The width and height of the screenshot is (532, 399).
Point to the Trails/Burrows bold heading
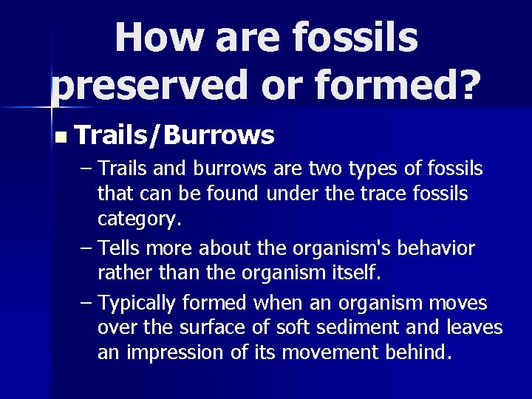[174, 135]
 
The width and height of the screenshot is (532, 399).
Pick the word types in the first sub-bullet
[372, 168]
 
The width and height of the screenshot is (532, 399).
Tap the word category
[139, 219]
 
